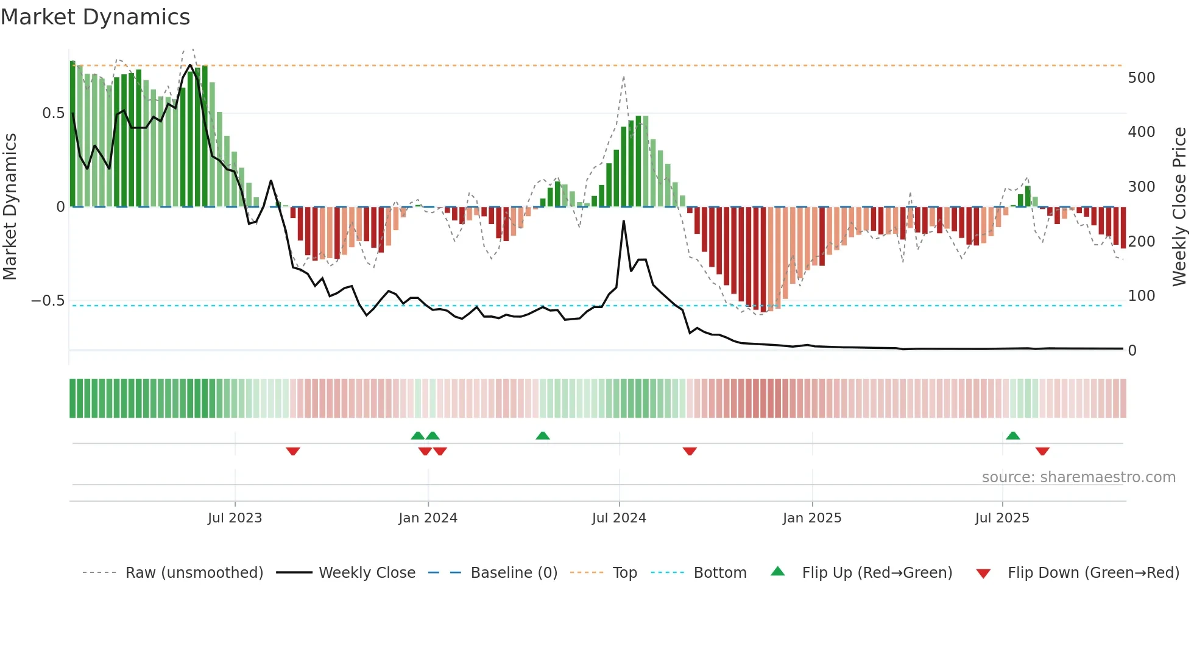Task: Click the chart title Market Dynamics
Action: pyautogui.click(x=95, y=17)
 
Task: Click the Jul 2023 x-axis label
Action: pyautogui.click(x=235, y=518)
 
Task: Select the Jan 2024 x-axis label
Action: pyautogui.click(x=428, y=518)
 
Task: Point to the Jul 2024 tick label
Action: pyautogui.click(x=619, y=518)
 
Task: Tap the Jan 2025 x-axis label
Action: pyautogui.click(x=812, y=518)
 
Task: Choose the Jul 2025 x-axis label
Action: pyautogui.click(x=1002, y=518)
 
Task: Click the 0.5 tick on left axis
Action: pyautogui.click(x=53, y=113)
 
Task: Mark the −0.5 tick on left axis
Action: pyautogui.click(x=48, y=301)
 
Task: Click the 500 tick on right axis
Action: pyautogui.click(x=1142, y=78)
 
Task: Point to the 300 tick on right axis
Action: pyautogui.click(x=1142, y=187)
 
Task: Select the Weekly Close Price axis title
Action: pyautogui.click(x=1179, y=207)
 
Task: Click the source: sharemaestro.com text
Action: pyautogui.click(x=1078, y=477)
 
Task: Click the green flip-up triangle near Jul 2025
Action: pyautogui.click(x=1013, y=436)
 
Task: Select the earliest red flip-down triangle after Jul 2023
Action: pyautogui.click(x=293, y=451)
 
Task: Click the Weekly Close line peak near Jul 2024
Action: pyautogui.click(x=624, y=222)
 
